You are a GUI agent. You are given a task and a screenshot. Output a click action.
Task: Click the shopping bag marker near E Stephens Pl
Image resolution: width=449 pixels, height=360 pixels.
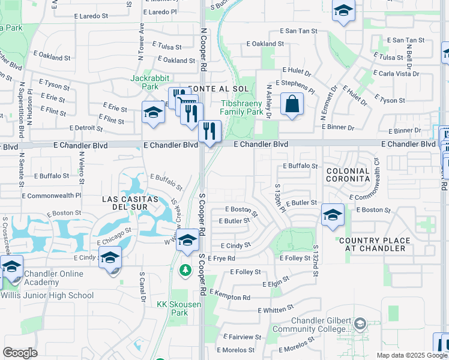[291, 104]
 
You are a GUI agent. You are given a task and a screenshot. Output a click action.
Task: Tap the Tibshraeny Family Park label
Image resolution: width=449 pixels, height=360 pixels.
[241, 107]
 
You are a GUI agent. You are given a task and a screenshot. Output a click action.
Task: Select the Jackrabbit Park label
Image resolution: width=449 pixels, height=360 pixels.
[150, 82]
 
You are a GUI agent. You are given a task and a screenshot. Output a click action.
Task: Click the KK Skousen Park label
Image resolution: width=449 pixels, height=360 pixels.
[172, 308]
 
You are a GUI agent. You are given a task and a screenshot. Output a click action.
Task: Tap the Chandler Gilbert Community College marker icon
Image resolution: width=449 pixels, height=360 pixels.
[359, 324]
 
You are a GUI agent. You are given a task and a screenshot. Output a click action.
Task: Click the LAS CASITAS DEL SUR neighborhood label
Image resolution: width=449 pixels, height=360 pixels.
[130, 203]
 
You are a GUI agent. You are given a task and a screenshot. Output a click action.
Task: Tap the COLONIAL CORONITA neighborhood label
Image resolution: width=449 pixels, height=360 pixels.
[348, 175]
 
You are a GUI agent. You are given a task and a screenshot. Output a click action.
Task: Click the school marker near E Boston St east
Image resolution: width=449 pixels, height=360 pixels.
[333, 215]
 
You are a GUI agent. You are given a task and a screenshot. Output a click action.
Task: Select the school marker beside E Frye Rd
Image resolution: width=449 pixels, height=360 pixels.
[188, 240]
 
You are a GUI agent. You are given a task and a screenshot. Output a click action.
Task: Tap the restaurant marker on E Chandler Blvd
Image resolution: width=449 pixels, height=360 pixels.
[209, 130]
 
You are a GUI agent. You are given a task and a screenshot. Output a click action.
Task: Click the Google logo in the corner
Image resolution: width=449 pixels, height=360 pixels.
[20, 352]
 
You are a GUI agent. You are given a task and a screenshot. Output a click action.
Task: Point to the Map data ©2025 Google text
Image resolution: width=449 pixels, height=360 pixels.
[412, 355]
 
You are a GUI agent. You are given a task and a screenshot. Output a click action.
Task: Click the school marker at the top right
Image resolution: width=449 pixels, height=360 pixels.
[343, 11]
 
